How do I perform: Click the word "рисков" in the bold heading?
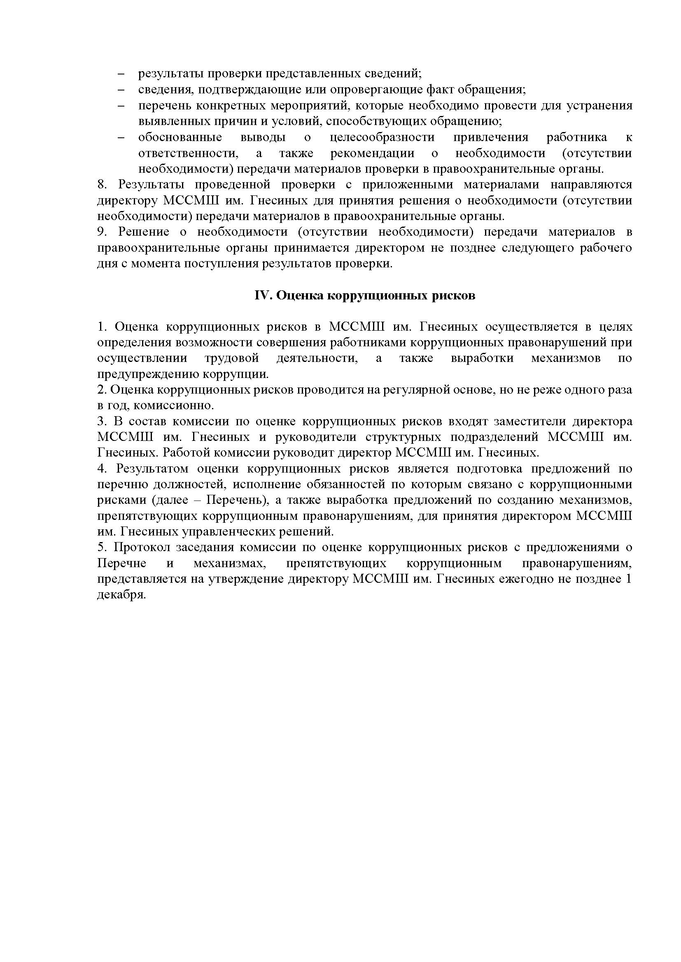pos(455,296)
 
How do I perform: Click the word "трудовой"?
pos(232,358)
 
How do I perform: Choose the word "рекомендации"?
pos(372,153)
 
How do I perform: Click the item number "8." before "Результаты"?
pos(103,185)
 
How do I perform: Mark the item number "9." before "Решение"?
pos(103,232)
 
